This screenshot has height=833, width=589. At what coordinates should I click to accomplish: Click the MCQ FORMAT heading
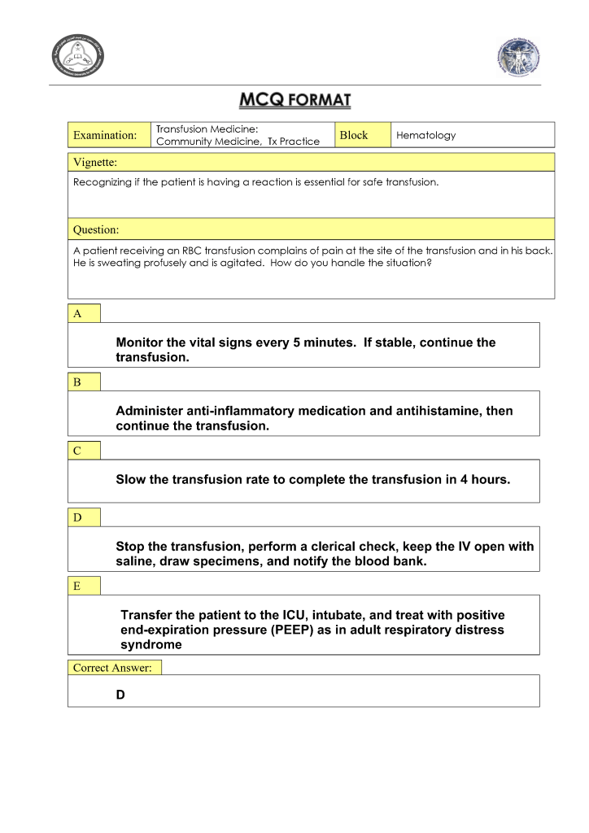pyautogui.click(x=294, y=102)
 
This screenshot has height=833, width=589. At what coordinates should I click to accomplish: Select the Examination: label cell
pyautogui.click(x=105, y=135)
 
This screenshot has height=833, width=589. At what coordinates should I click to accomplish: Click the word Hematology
pyautogui.click(x=425, y=135)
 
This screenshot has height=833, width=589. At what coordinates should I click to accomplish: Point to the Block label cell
pyautogui.click(x=354, y=135)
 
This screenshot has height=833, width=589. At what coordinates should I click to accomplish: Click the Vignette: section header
pyautogui.click(x=95, y=162)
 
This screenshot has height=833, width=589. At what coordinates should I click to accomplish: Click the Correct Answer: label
pyautogui.click(x=112, y=668)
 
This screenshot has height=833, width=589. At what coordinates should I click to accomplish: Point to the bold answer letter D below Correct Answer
pyautogui.click(x=121, y=696)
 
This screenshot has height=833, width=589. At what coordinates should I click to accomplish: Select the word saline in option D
pyautogui.click(x=135, y=561)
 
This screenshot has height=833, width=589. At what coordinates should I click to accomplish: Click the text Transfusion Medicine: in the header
pyautogui.click(x=207, y=129)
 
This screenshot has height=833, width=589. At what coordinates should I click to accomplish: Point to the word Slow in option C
pyautogui.click(x=130, y=479)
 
